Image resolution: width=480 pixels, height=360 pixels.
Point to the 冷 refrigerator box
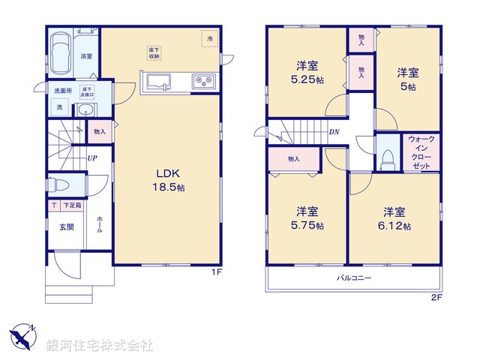point(210,38)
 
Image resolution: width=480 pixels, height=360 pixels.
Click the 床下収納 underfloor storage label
point(154,52)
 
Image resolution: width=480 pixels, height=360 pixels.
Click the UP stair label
point(91,158)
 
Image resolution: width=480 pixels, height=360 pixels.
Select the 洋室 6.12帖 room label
point(394,218)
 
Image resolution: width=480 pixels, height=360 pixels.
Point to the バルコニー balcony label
point(352,277)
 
